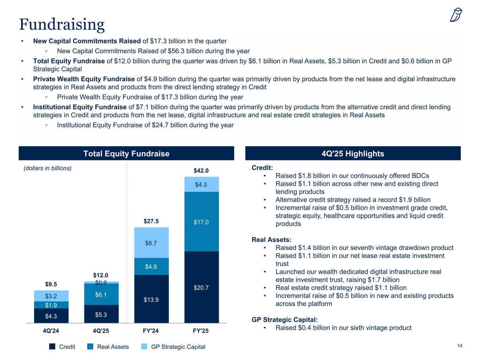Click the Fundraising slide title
[x=62, y=24]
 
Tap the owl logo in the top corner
[x=456, y=15]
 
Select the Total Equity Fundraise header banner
[x=126, y=154]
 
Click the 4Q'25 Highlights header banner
[x=353, y=154]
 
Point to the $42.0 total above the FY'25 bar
[x=201, y=171]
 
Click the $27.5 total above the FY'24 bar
[x=151, y=221]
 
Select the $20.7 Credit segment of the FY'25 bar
[x=201, y=288]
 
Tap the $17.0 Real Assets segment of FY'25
[x=201, y=222]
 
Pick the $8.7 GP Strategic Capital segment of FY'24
[x=151, y=243]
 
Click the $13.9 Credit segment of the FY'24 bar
[x=151, y=300]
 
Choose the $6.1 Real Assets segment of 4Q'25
[x=101, y=295]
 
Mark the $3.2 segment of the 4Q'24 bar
[x=51, y=296]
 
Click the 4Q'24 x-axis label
[x=51, y=331]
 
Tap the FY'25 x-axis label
[x=201, y=331]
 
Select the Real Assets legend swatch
[x=90, y=347]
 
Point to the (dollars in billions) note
[x=47, y=168]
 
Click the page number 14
[x=459, y=346]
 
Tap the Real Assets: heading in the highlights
[x=271, y=240]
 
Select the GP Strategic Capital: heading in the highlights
[x=284, y=320]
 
